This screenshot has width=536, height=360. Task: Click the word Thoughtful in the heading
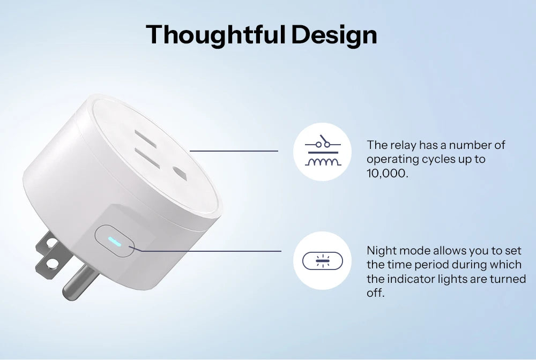[215, 34]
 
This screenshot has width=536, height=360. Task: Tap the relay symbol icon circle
[323, 152]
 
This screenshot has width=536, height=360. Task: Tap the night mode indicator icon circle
[323, 260]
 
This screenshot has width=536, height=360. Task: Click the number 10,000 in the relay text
[388, 174]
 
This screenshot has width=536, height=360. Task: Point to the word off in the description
[376, 294]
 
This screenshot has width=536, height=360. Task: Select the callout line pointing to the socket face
[234, 151]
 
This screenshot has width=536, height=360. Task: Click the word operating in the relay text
[391, 160]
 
